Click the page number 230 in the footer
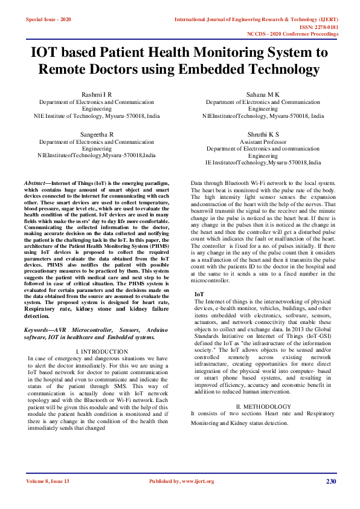point(330,481)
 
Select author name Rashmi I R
point(97,95)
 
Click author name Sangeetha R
point(97,133)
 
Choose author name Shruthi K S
point(263,133)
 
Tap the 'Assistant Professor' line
point(263,141)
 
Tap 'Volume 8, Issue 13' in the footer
point(48,481)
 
